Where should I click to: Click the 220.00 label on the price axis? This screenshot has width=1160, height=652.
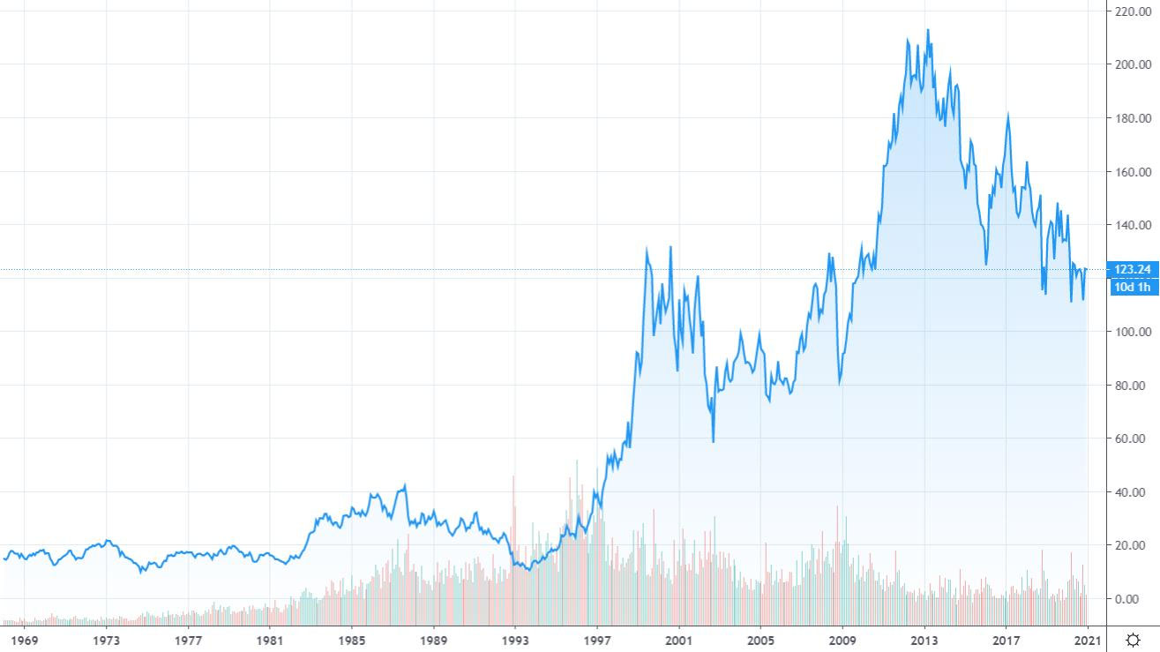tap(1132, 11)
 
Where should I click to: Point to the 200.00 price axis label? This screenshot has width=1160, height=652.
tap(1132, 64)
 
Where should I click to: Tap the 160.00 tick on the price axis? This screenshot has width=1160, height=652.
tap(1132, 172)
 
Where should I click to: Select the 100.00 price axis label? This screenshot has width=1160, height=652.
tap(1132, 332)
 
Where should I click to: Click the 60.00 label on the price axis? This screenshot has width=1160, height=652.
tap(1132, 438)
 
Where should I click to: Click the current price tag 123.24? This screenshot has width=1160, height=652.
tap(1134, 270)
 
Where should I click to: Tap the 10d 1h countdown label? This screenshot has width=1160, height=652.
tap(1134, 287)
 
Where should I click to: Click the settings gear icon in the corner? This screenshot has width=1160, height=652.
tap(1134, 640)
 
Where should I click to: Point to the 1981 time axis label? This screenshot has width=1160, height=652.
tap(270, 640)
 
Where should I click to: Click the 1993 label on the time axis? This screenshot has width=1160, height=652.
tap(515, 640)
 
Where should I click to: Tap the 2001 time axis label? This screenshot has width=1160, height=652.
tap(678, 640)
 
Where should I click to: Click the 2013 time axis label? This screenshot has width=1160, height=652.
tap(924, 640)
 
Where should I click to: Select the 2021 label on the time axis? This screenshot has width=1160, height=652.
tap(1088, 640)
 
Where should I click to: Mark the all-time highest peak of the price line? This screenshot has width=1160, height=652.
tap(927, 30)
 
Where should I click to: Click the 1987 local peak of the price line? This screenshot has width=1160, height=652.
tap(405, 484)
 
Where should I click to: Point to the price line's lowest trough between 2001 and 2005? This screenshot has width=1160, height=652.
tap(713, 441)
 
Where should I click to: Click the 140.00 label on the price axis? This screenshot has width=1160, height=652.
tap(1132, 225)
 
